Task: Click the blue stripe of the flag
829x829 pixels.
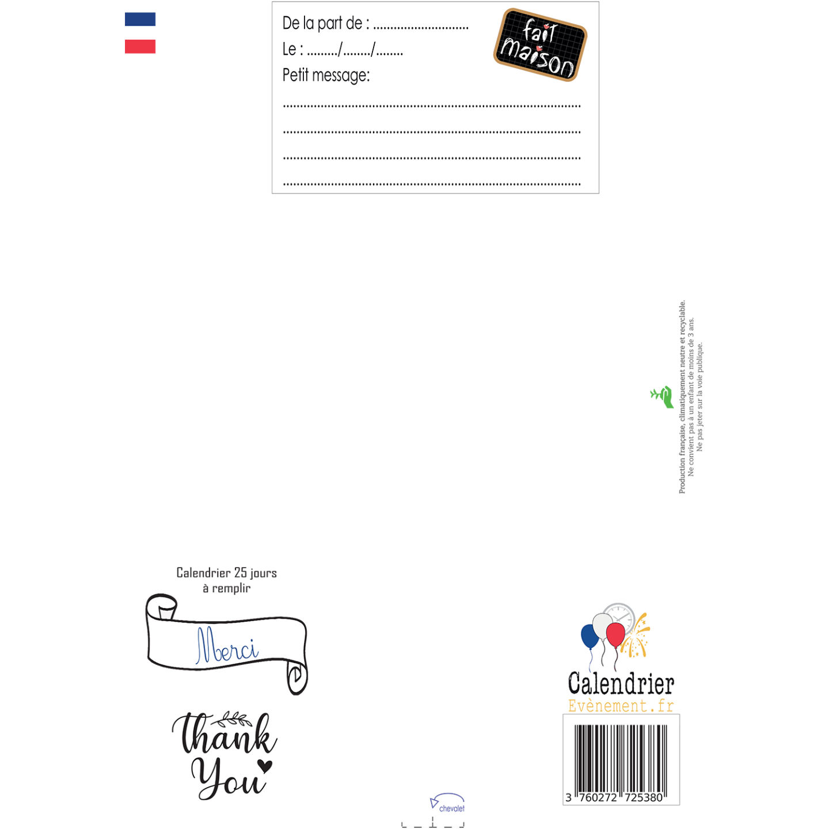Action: point(140,20)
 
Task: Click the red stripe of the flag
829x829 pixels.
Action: point(140,47)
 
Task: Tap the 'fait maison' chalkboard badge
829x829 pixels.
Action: point(540,45)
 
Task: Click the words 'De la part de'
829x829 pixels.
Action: point(322,23)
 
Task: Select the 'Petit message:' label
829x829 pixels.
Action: point(326,75)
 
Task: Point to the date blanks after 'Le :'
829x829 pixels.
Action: point(355,50)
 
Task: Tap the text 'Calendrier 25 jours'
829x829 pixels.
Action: point(226,573)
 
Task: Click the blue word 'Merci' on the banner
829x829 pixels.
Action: point(227,645)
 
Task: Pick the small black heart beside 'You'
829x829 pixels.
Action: point(265,766)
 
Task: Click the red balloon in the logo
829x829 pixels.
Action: point(615,634)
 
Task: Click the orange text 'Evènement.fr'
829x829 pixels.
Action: point(621,706)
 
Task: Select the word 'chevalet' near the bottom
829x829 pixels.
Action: point(452,809)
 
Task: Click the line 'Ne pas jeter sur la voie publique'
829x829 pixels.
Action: point(699,397)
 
